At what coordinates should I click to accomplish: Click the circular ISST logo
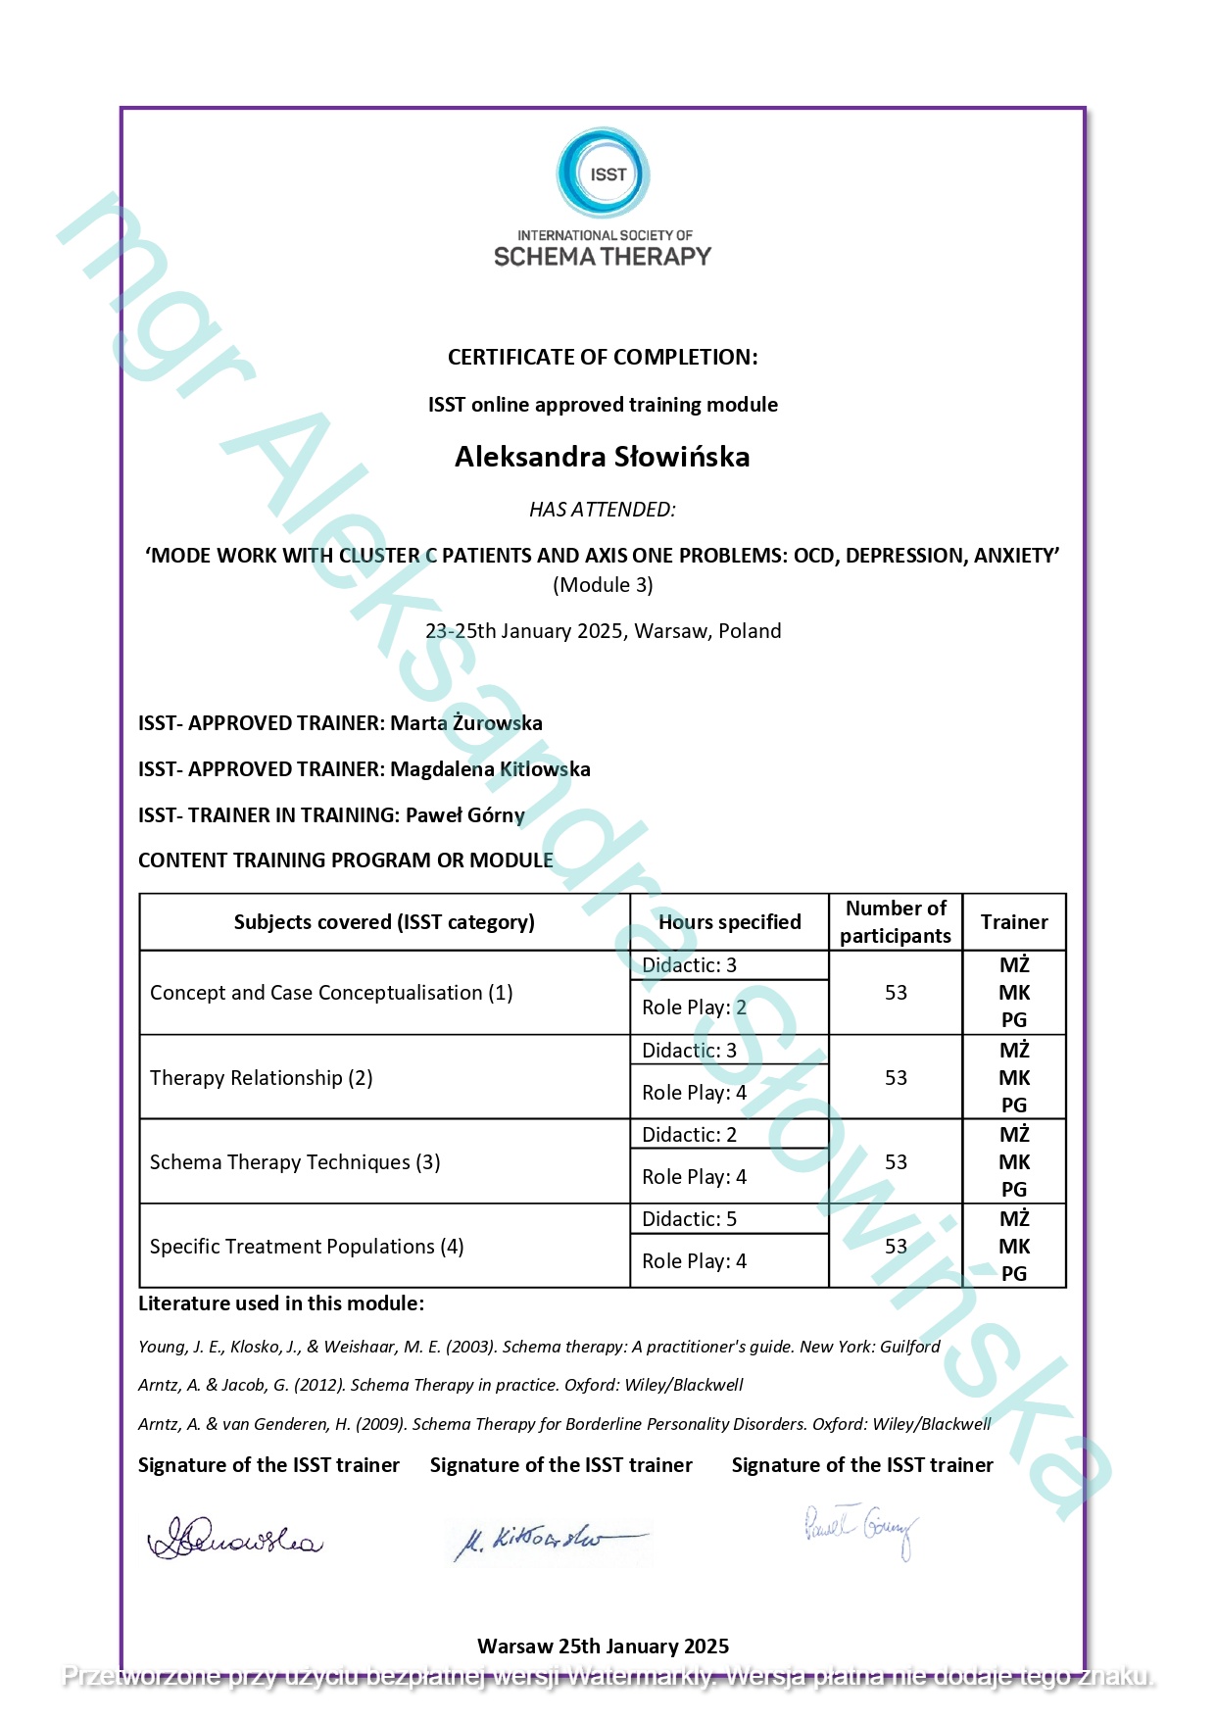(604, 172)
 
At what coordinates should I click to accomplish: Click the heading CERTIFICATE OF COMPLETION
(603, 358)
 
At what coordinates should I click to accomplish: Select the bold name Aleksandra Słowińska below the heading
(603, 457)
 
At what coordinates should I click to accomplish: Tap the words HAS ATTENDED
(603, 510)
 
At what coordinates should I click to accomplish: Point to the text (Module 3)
(603, 585)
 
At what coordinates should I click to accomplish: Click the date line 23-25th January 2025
(603, 631)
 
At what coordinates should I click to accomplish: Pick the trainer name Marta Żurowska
(466, 723)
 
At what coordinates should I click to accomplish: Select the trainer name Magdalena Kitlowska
(490, 769)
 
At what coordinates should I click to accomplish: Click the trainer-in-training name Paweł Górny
(465, 815)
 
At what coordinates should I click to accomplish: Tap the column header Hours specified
(729, 922)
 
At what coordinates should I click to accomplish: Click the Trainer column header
(1014, 922)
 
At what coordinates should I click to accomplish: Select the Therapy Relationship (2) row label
(262, 1078)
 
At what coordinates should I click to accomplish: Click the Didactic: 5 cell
(690, 1219)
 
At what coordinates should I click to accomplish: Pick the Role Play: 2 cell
(694, 1007)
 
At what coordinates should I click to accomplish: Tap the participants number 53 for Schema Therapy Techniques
(896, 1162)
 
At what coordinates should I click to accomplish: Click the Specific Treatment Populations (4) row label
(307, 1247)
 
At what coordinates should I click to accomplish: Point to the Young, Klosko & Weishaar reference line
(539, 1347)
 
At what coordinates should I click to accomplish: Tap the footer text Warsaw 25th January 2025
(603, 1646)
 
